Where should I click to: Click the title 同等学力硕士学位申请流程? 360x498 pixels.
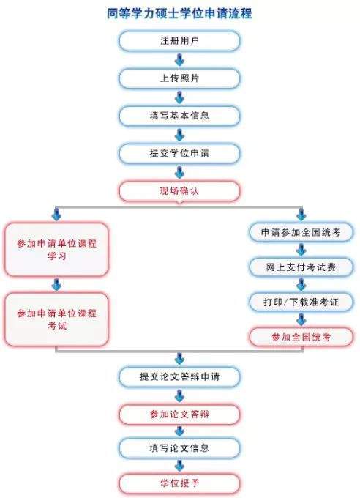(179, 14)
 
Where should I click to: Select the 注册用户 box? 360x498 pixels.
(179, 41)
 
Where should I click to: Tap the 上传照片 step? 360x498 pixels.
(179, 78)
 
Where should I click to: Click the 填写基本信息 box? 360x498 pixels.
(179, 116)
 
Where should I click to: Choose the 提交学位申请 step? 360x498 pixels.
(179, 153)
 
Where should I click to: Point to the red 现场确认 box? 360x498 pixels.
(179, 191)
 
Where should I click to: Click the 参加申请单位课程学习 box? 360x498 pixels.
(56, 249)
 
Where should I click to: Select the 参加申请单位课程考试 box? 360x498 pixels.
(56, 319)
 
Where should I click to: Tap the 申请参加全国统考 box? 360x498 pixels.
(301, 232)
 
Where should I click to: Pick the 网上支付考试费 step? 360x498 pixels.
(301, 267)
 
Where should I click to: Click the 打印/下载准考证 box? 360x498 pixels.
(301, 302)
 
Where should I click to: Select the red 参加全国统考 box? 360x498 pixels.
(301, 337)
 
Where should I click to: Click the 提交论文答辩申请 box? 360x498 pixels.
(179, 376)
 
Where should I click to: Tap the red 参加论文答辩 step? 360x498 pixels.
(179, 415)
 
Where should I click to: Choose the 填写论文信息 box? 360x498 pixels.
(179, 448)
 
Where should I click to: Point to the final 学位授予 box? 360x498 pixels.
(179, 483)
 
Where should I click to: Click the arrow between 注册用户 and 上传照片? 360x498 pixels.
(180, 60)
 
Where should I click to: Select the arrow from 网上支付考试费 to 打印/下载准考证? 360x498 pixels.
(301, 285)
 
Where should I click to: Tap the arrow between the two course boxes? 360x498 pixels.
(56, 285)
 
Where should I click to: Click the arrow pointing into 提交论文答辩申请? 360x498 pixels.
(180, 359)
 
